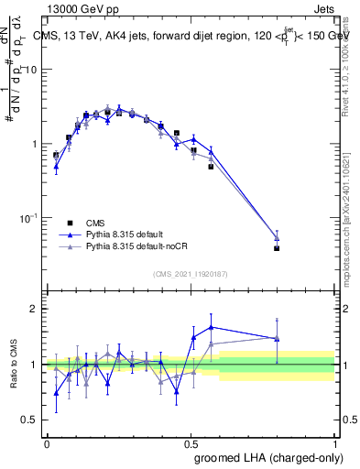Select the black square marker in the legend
[x=68, y=222]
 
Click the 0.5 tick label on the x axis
[x=191, y=442]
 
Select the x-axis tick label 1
[x=335, y=442]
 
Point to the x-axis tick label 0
[x=47, y=442]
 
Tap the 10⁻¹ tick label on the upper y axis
[x=29, y=218]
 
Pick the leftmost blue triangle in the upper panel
[x=56, y=167]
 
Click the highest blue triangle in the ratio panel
[x=212, y=327]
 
